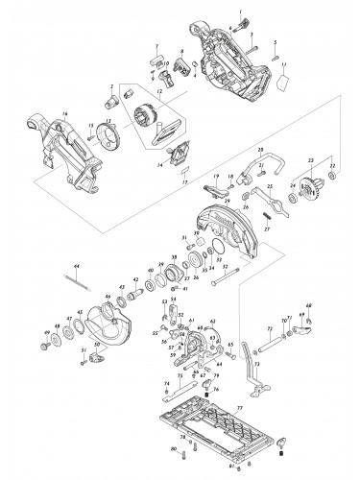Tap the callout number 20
260,152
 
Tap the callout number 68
309,307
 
